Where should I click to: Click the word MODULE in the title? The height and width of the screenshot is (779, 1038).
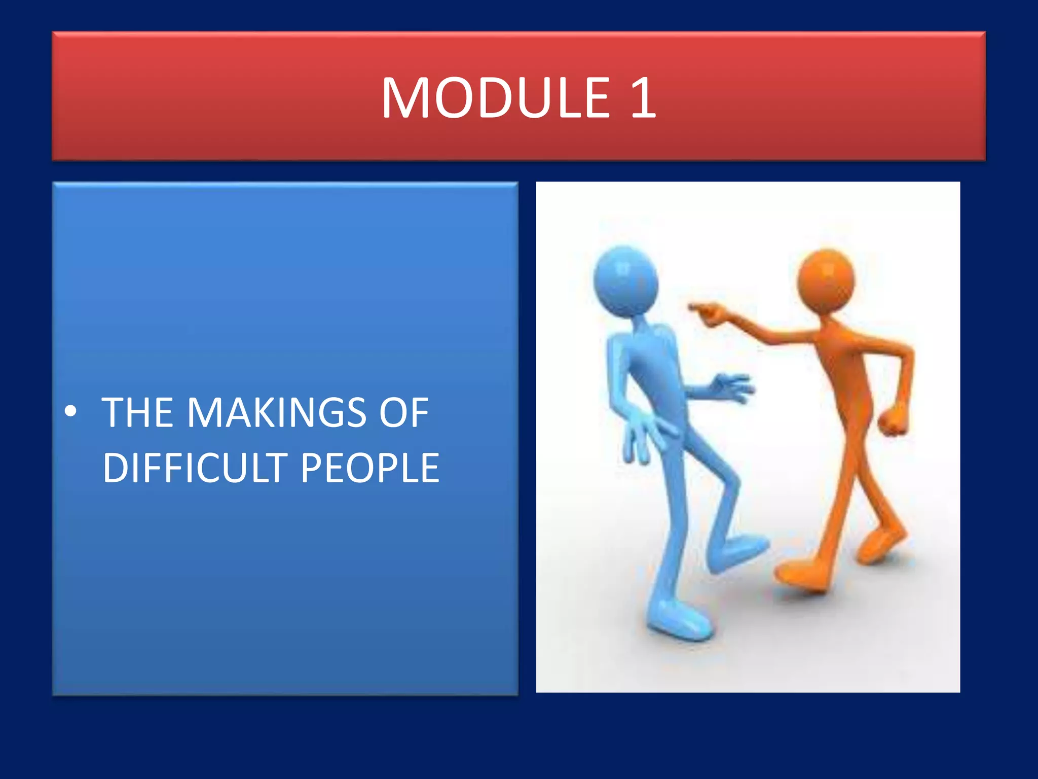(x=496, y=97)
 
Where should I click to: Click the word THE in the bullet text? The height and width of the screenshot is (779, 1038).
(x=137, y=412)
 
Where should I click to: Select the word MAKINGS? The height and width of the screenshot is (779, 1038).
(x=277, y=412)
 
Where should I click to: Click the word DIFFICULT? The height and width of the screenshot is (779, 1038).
(x=195, y=468)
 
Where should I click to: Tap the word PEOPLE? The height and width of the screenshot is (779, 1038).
(x=370, y=468)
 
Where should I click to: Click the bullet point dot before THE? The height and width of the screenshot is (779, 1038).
(x=71, y=411)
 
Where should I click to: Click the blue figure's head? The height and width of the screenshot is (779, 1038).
(x=625, y=281)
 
